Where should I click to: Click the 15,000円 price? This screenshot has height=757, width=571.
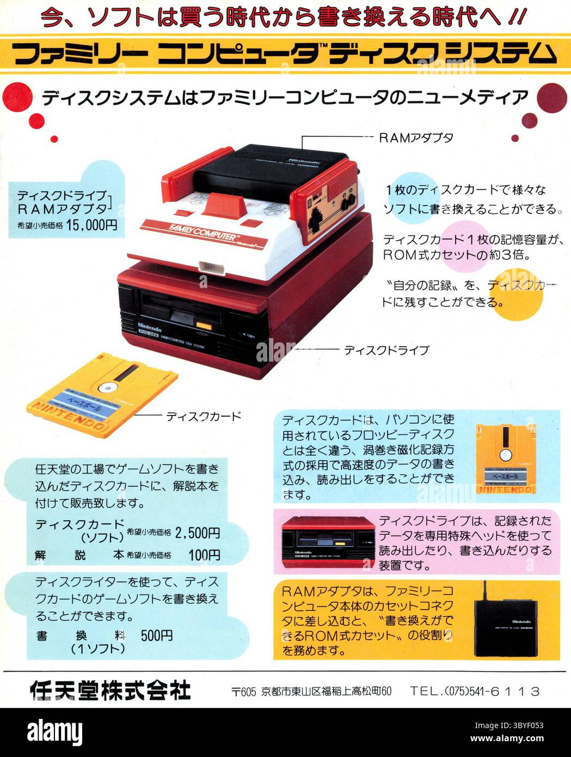coord(92,225)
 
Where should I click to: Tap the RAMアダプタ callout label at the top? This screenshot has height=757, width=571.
coord(416,138)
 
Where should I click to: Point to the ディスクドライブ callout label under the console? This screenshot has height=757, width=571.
coord(386,350)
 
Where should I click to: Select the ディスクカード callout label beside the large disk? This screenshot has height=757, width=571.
coord(203,417)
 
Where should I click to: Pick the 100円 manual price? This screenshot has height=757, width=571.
coord(204,555)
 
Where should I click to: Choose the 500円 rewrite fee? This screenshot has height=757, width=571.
coord(157,636)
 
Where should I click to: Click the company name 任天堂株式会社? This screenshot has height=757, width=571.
coord(110,691)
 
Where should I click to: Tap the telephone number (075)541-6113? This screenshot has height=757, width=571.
coord(475,691)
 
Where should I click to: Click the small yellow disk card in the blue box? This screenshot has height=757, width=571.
coord(505,459)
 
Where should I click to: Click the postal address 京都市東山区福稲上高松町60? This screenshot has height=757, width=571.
coord(326,692)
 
